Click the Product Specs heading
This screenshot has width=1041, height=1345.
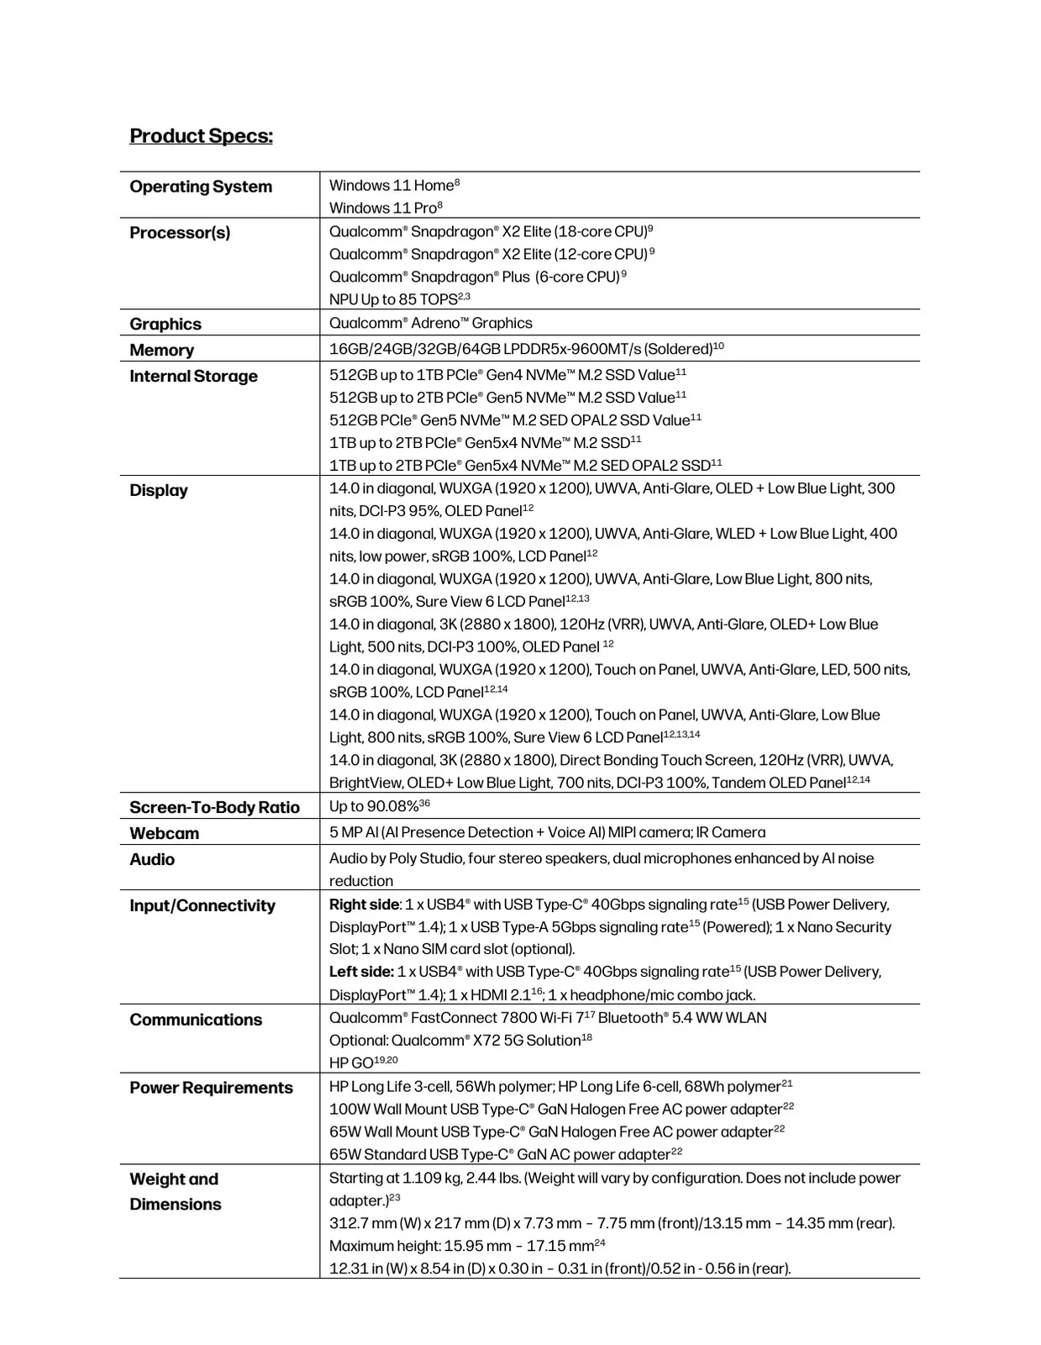(201, 136)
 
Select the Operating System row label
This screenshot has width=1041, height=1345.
(201, 187)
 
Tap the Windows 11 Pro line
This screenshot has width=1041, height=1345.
(383, 208)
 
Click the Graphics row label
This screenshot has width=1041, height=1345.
(166, 324)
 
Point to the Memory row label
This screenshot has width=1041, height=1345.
(161, 351)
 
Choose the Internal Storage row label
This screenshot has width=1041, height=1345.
(193, 377)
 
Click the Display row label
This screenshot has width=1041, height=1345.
(159, 491)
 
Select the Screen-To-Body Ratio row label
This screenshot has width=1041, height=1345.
(214, 808)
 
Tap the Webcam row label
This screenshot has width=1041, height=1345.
(165, 834)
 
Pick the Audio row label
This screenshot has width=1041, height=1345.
(152, 860)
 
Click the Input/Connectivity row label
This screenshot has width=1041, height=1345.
(202, 906)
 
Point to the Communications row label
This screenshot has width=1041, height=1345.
(196, 1021)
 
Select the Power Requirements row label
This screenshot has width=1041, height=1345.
(211, 1089)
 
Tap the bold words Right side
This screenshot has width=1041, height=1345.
(364, 905)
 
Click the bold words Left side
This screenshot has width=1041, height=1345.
(361, 973)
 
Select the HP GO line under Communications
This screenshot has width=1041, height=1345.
(352, 1063)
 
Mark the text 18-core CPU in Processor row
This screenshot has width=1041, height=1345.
(601, 232)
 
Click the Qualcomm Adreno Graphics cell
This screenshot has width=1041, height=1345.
(430, 324)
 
